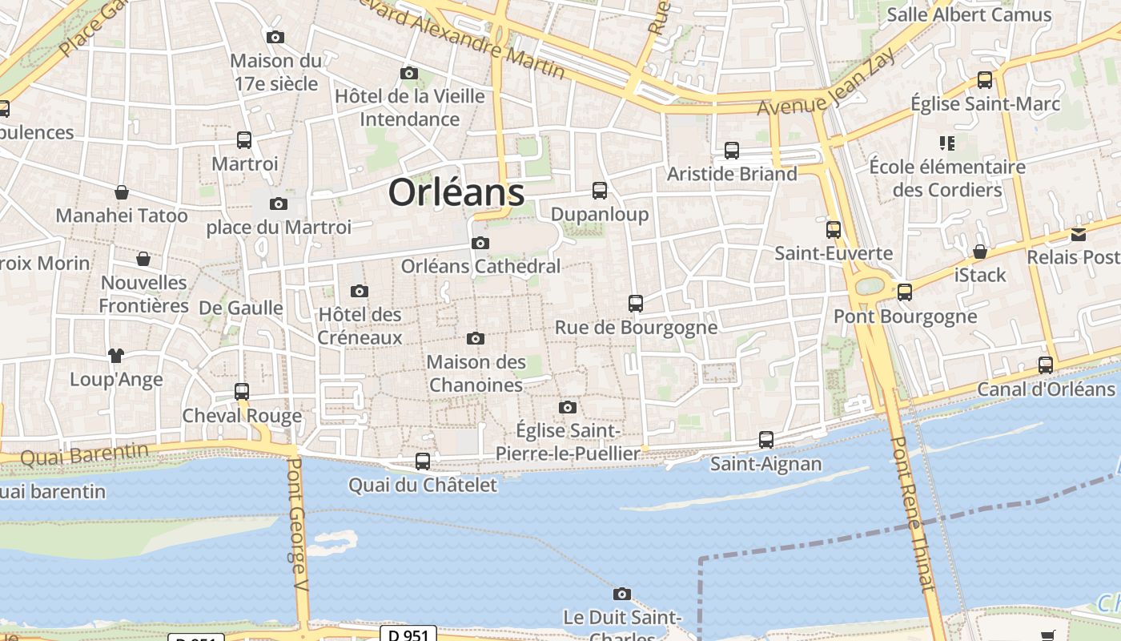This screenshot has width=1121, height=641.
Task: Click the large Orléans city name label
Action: pos(456,193)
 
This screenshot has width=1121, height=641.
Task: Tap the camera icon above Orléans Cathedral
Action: pos(480,244)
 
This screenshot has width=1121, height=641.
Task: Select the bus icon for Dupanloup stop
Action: pos(600,191)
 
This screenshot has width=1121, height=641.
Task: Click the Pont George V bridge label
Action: pos(297,529)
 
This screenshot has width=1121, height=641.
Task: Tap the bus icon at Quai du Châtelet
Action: pos(423,462)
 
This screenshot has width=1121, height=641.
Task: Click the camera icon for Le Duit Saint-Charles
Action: pos(621,595)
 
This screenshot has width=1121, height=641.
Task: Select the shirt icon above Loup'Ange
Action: pos(116,355)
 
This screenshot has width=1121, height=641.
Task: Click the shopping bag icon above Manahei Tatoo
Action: pos(122,192)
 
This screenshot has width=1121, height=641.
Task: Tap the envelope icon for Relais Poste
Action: pos(1079,235)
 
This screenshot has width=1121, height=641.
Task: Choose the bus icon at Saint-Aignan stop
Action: pos(766,440)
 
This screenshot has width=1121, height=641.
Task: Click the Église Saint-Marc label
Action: pos(986,104)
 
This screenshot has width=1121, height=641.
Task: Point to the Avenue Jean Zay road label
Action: pos(824,92)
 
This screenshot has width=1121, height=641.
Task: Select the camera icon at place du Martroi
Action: pos(279,204)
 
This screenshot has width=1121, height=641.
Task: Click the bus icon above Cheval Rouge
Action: pos(242,392)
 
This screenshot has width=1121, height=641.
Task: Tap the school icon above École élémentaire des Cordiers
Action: pos(947,143)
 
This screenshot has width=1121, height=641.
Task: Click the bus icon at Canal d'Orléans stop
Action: pos(1046,365)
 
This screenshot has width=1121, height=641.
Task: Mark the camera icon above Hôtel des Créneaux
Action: pos(360,292)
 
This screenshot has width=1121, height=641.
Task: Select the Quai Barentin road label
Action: pos(84,455)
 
